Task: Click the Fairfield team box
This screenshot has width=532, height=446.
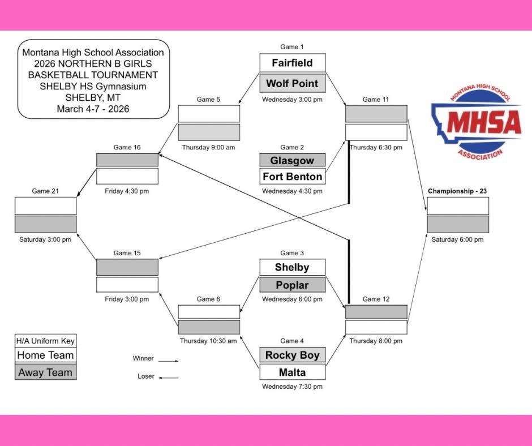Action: click(292, 63)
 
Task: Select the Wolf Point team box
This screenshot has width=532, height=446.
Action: click(292, 83)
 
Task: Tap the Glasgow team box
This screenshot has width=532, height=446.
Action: click(292, 160)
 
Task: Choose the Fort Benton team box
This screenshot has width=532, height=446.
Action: click(292, 177)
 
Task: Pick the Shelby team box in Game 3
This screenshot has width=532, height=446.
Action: click(292, 267)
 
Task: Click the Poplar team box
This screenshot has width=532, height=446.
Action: click(292, 285)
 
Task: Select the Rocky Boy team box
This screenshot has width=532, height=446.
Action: click(292, 355)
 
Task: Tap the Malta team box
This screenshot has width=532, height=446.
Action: click(292, 372)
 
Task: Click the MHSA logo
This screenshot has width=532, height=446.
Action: click(476, 125)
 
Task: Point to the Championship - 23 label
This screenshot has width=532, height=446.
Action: click(457, 191)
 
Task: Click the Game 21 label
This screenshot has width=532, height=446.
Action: click(45, 191)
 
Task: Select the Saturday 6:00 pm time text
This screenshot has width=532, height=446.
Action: click(457, 239)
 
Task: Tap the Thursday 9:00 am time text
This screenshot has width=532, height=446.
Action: click(208, 147)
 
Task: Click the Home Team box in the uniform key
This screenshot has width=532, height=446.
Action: click(45, 355)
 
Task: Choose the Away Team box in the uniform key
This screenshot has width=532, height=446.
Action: click(45, 372)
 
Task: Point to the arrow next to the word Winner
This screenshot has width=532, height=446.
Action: click(169, 360)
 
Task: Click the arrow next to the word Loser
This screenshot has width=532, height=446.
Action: click(169, 378)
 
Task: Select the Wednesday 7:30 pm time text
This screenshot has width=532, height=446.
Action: click(292, 387)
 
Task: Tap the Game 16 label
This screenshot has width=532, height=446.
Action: click(127, 147)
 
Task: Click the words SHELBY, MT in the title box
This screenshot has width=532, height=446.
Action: click(93, 97)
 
